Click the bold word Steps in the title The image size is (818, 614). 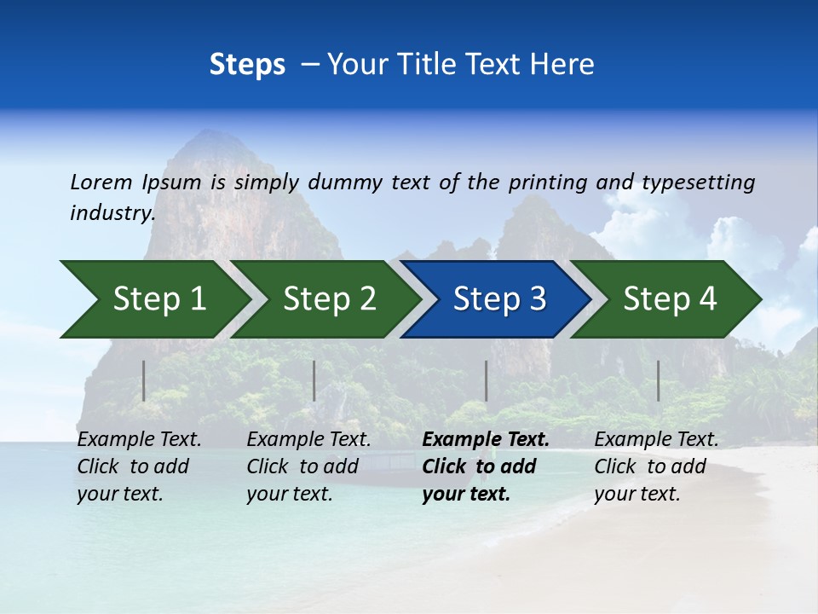[247, 65]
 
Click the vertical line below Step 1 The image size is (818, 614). [143, 380]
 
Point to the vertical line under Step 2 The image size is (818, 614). [314, 380]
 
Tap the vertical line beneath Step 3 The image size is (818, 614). [486, 380]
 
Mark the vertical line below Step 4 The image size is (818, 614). [658, 380]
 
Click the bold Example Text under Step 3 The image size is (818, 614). [486, 439]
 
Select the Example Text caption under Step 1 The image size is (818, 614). [139, 439]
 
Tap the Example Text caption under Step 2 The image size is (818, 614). [308, 439]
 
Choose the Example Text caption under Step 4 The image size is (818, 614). [656, 439]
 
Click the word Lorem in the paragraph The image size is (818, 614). [101, 182]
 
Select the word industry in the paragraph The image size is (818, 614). [112, 212]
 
